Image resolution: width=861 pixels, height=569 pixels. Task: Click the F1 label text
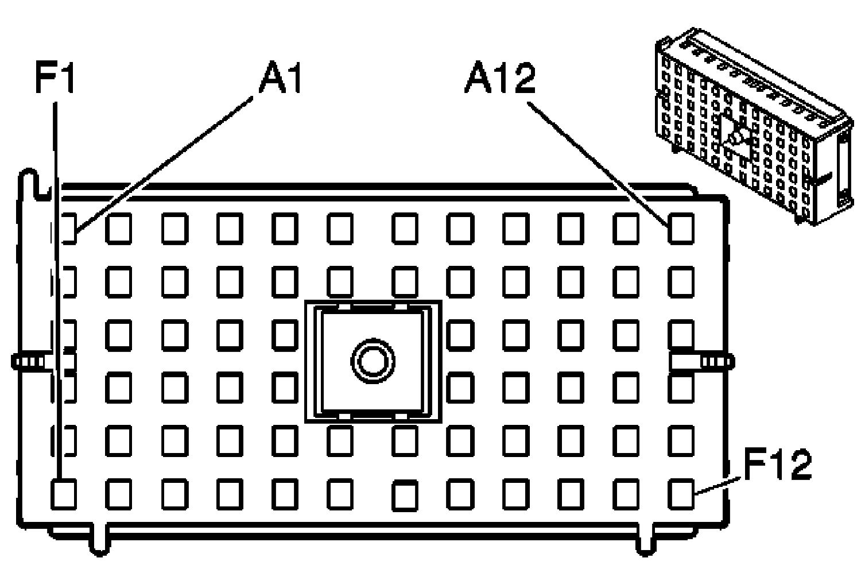55,78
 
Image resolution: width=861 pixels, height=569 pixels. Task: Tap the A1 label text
280,77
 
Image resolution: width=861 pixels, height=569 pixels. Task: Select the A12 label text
499,78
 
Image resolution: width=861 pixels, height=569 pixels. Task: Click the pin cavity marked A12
681,228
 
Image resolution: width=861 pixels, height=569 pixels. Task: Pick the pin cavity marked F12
681,493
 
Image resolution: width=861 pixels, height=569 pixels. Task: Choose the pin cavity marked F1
64,494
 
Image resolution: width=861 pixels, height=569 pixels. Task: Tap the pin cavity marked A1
68,228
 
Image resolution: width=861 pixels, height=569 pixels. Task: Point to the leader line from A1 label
166,164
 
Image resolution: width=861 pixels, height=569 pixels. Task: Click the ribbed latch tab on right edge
715,362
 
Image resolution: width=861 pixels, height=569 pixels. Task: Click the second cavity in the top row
119,228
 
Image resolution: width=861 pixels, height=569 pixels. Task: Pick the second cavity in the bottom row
119,494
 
